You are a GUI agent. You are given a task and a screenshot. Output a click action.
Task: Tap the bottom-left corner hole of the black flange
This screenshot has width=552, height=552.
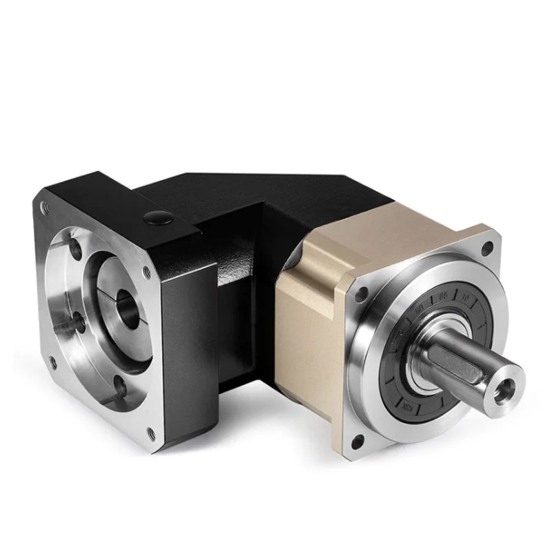pyautogui.click(x=50, y=361)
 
